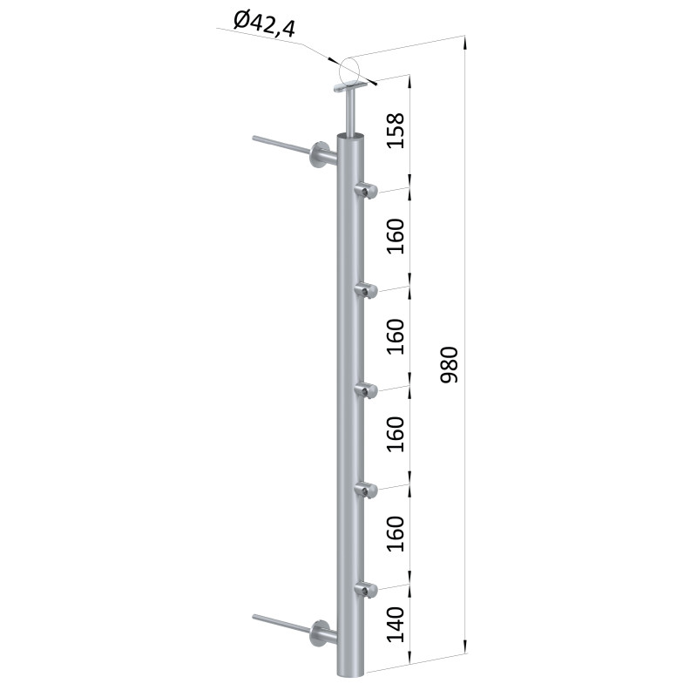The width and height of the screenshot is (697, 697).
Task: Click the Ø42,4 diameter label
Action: point(264,25)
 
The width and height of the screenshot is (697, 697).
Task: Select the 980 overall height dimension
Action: point(448,364)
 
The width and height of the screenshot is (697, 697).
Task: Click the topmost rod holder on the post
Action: point(366,190)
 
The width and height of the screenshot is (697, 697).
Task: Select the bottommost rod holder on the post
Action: point(366,590)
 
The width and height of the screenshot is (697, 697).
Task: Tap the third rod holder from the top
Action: point(366,389)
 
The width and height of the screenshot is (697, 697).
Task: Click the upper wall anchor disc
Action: point(318,156)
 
